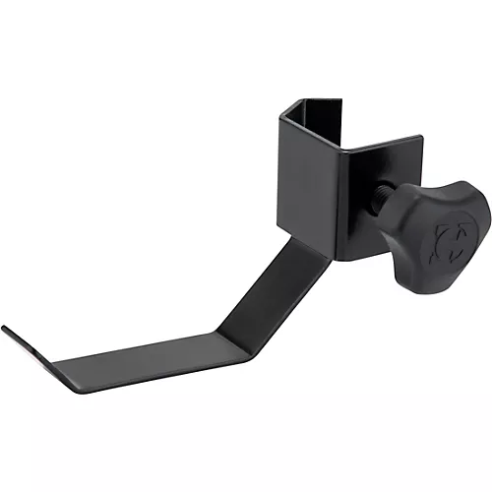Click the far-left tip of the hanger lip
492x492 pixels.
click(4, 328)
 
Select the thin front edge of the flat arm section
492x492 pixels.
click(148, 382)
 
